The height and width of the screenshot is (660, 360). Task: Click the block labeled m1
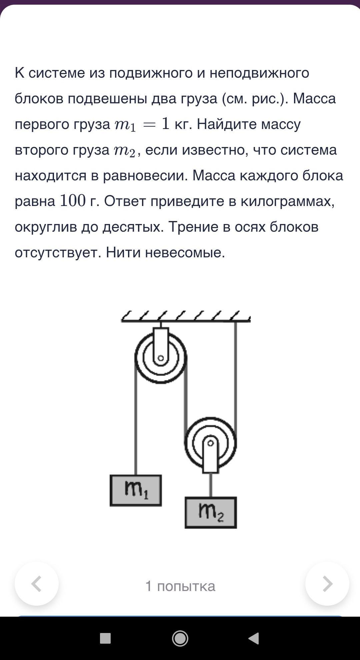[x=136, y=490]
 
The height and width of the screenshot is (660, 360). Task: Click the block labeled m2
[x=211, y=512]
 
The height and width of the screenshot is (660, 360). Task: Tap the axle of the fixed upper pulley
[x=161, y=358]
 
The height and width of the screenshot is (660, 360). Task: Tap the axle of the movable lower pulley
[x=210, y=443]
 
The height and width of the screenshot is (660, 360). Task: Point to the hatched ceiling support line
[x=185, y=320]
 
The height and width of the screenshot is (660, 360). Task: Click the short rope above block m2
[x=211, y=485]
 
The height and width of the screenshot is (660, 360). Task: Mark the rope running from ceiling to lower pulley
[x=236, y=373]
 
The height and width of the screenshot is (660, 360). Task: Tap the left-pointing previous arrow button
[x=37, y=584]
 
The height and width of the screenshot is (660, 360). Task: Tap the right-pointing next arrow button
[x=327, y=584]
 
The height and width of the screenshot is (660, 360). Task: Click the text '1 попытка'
[x=180, y=586]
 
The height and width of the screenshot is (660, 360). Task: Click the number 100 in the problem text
[x=73, y=201]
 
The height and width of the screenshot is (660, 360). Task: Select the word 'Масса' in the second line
[x=314, y=98]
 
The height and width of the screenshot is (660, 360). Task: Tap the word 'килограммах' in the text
[x=287, y=201]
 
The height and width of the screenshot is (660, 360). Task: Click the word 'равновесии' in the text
[x=145, y=175]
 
